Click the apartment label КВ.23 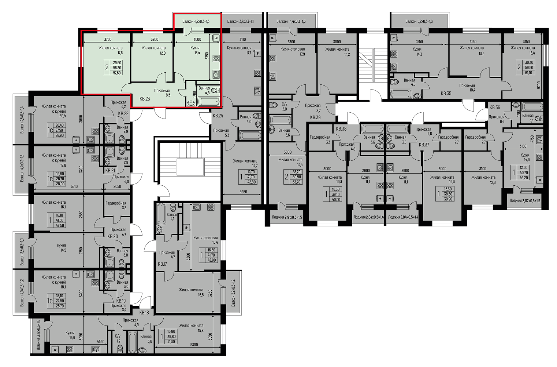(x=145, y=99)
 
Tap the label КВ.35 (x=446, y=94)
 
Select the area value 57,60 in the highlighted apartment (x=117, y=73)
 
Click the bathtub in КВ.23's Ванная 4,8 (x=208, y=102)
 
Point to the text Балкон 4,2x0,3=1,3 (x=196, y=21)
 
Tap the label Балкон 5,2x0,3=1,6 (x=419, y=21)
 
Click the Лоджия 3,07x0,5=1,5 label (x=525, y=201)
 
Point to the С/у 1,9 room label (x=118, y=339)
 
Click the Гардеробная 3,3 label (x=320, y=140)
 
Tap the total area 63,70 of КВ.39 (x=296, y=182)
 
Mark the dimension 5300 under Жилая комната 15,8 (x=194, y=345)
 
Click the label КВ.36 (x=495, y=108)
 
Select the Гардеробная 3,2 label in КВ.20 (x=116, y=206)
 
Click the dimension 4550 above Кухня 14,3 (x=419, y=41)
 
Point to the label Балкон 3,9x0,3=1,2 (x=233, y=293)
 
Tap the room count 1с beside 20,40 (x=50, y=130)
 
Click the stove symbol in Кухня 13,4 (x=216, y=59)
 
